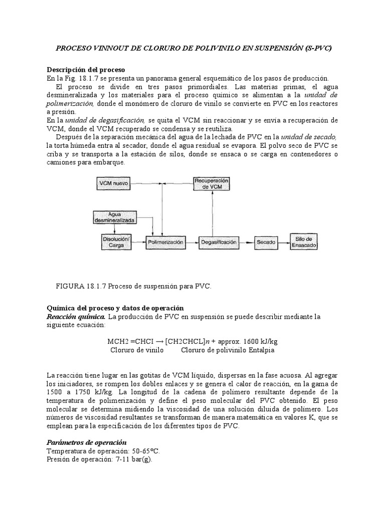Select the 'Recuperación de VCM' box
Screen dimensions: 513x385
tap(212, 183)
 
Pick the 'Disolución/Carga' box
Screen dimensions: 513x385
tap(116, 242)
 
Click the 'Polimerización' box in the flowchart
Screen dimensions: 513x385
tap(165, 242)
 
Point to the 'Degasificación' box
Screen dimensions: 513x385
tap(218, 242)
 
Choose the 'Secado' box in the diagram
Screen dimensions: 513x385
tap(266, 242)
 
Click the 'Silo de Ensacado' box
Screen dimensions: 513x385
tap(304, 242)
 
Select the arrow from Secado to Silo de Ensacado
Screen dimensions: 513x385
tap(283, 242)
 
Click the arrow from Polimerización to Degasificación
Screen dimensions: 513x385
tap(191, 242)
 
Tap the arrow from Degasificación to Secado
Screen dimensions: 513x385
tap(246, 242)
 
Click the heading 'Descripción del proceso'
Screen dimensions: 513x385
tap(86, 69)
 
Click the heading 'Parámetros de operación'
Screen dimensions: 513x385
tap(86, 442)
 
